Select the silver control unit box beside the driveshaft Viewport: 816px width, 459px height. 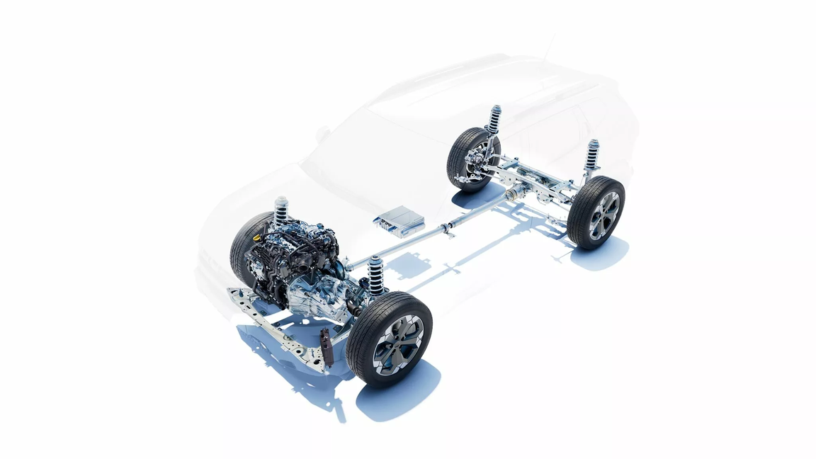click(399, 220)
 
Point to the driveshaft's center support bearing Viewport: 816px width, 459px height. click(447, 229)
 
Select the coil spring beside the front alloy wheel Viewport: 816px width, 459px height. click(375, 274)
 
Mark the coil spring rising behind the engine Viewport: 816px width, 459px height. click(281, 210)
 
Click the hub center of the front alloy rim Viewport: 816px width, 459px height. click(398, 344)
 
